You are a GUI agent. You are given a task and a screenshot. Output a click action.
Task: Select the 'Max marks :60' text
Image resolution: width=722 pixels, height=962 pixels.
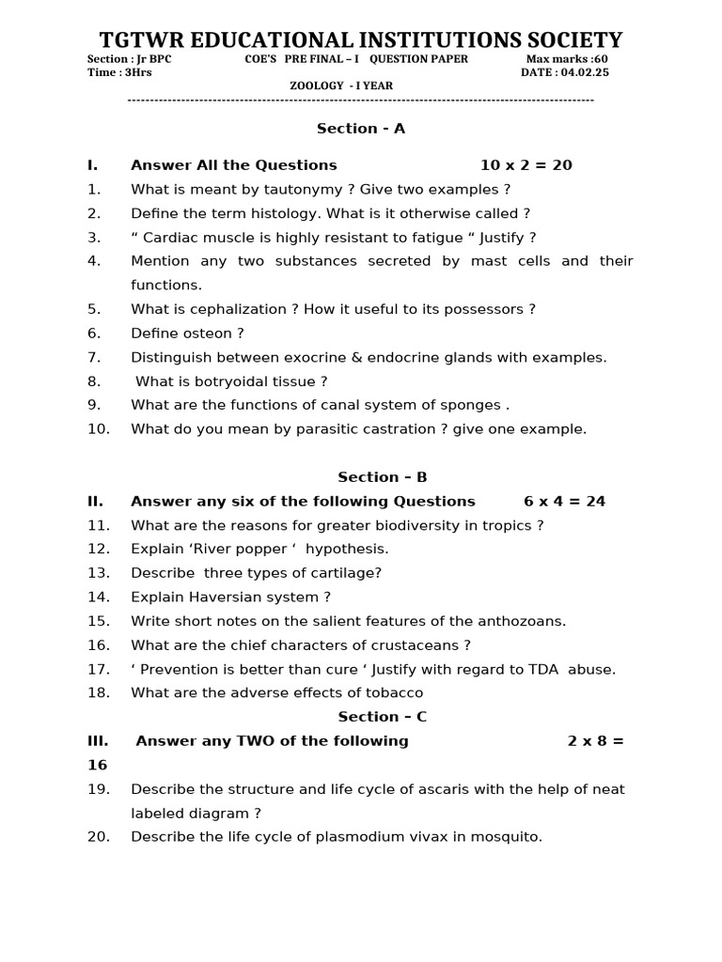point(566,59)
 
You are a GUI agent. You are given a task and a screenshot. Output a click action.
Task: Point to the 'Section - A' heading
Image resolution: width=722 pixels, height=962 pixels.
point(361,129)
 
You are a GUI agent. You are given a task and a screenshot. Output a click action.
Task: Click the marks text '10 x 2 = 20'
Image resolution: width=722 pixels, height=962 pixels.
point(526,165)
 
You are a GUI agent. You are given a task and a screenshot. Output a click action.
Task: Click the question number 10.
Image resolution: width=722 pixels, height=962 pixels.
point(99,429)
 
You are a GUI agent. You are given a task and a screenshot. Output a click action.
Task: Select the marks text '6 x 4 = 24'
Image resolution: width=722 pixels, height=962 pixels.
point(564,502)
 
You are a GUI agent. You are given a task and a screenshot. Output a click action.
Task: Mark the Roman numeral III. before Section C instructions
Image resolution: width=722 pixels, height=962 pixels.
point(98,741)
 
